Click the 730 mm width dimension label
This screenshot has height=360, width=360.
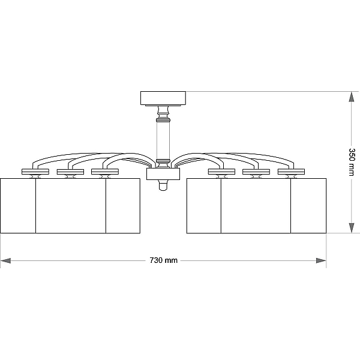(x=163, y=260)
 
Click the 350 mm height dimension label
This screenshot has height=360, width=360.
(x=352, y=162)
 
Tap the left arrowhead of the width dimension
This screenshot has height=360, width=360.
(x=5, y=260)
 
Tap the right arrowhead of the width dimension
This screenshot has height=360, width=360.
(x=321, y=260)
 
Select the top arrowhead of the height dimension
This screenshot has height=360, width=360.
(x=351, y=97)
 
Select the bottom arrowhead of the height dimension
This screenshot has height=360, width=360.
(x=351, y=228)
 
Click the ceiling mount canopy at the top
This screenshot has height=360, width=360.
(x=163, y=98)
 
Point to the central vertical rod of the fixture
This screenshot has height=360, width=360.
(x=163, y=140)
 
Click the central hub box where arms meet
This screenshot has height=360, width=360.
(x=163, y=174)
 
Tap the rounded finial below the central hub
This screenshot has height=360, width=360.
(x=163, y=185)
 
